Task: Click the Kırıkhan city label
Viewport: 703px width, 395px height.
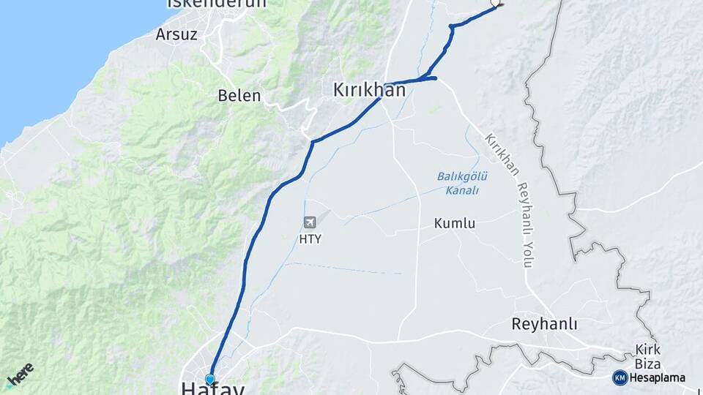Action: [369, 90]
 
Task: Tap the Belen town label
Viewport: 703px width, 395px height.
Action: [239, 96]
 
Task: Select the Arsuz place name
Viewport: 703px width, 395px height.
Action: [176, 34]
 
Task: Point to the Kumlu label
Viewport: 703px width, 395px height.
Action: [454, 223]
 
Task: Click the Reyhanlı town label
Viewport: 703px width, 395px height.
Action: [544, 324]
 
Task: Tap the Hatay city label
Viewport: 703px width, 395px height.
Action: [212, 388]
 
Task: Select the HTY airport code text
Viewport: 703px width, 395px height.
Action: [310, 239]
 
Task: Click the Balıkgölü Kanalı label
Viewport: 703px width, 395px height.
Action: [463, 183]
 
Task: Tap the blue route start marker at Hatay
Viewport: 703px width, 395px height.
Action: [210, 379]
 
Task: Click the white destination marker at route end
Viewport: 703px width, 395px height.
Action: [496, 3]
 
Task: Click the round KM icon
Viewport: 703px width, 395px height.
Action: [620, 377]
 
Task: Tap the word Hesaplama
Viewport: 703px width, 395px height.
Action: [658, 377]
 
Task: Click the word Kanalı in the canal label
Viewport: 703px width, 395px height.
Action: [462, 190]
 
